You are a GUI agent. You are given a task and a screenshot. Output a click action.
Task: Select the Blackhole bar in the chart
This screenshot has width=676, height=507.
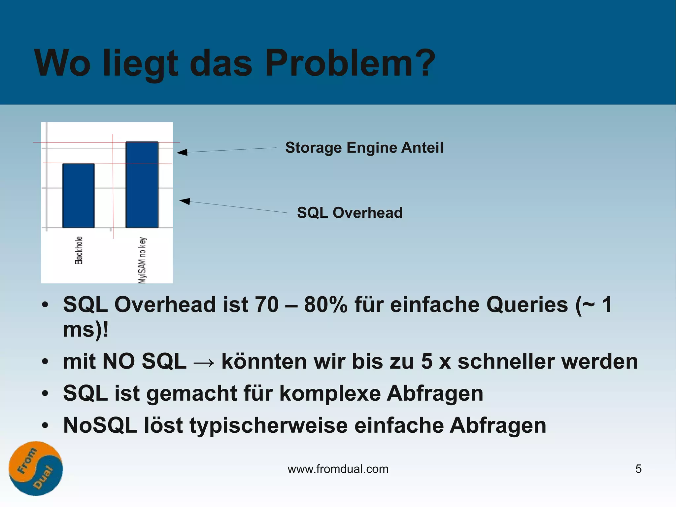click(79, 196)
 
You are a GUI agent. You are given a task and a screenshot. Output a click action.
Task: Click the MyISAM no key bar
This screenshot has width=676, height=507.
click(142, 185)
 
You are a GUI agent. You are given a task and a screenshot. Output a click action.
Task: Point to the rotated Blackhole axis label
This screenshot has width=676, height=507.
click(79, 250)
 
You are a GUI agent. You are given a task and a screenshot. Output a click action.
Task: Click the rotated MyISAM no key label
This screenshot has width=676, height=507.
click(142, 260)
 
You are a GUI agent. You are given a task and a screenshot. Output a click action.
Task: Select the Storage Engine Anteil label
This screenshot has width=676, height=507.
click(364, 148)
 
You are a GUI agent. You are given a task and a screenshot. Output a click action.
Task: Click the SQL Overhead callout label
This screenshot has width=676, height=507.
click(350, 213)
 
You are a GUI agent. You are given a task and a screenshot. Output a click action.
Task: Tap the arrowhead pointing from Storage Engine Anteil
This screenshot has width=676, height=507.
click(182, 152)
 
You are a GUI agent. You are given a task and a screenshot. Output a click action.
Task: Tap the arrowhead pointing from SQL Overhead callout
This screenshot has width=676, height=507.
click(185, 201)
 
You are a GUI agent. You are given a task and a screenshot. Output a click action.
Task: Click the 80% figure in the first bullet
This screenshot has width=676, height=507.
click(325, 305)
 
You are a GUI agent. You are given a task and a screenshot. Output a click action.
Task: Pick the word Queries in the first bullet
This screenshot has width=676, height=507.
click(527, 305)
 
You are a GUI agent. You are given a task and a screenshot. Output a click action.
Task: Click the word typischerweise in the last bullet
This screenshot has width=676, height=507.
click(268, 425)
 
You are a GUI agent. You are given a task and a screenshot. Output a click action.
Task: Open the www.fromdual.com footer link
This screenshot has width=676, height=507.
click(338, 469)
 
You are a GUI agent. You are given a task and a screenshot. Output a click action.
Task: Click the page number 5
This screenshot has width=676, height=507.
click(638, 469)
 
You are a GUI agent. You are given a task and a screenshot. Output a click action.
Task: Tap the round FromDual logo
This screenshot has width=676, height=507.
click(36, 468)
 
